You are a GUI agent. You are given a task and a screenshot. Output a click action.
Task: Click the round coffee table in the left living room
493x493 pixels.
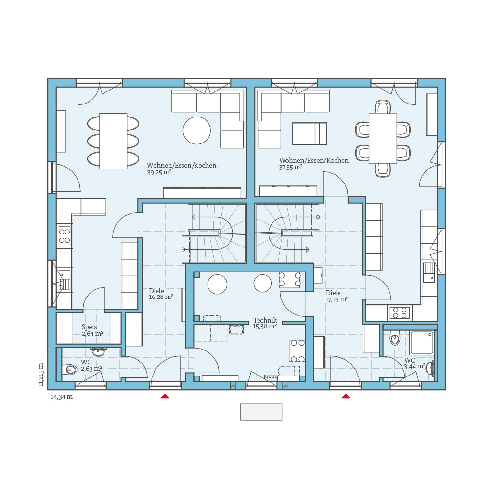196,130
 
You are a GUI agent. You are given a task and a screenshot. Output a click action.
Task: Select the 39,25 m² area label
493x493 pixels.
159,172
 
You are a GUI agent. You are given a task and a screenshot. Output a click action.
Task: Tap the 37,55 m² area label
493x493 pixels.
291,168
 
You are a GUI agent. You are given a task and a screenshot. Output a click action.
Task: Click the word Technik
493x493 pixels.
265,320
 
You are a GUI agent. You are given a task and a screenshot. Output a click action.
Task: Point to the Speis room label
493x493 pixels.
89,327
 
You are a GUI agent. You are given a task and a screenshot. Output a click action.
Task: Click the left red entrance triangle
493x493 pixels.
165,396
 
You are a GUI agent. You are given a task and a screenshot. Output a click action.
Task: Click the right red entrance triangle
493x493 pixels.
346,396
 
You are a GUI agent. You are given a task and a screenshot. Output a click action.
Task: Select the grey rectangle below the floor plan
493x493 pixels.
261,412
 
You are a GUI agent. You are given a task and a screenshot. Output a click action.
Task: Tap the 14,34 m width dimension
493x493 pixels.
62,397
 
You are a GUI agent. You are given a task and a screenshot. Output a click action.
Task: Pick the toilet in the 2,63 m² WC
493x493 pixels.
69,370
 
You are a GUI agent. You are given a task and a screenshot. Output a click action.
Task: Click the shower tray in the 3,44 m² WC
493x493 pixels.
422,343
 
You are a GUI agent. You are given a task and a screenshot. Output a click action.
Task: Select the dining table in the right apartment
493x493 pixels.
383,138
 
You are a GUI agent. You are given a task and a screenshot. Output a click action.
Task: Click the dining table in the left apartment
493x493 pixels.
113,141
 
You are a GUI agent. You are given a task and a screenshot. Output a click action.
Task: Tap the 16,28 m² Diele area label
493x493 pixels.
161,298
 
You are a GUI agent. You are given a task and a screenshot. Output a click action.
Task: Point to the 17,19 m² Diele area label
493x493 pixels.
337,299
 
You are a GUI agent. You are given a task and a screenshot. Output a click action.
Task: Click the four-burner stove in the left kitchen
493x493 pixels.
64,236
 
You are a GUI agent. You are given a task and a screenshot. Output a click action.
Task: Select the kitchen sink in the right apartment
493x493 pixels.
428,272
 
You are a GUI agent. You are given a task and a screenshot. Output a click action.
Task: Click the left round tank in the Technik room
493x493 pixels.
217,284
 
